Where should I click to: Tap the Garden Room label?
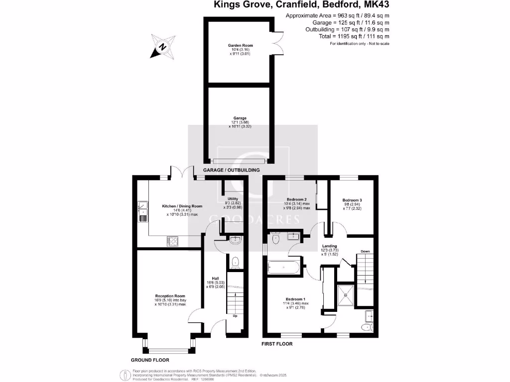tap(241, 45)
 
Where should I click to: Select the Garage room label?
tap(241, 118)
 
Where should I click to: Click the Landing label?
tap(329, 246)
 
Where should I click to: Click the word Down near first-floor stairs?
tap(365, 252)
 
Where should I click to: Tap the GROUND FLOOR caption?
tap(150, 360)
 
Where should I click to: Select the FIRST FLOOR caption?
tap(277, 344)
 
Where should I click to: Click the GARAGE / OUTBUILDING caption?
tap(232, 171)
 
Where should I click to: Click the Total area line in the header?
tap(354, 36)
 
